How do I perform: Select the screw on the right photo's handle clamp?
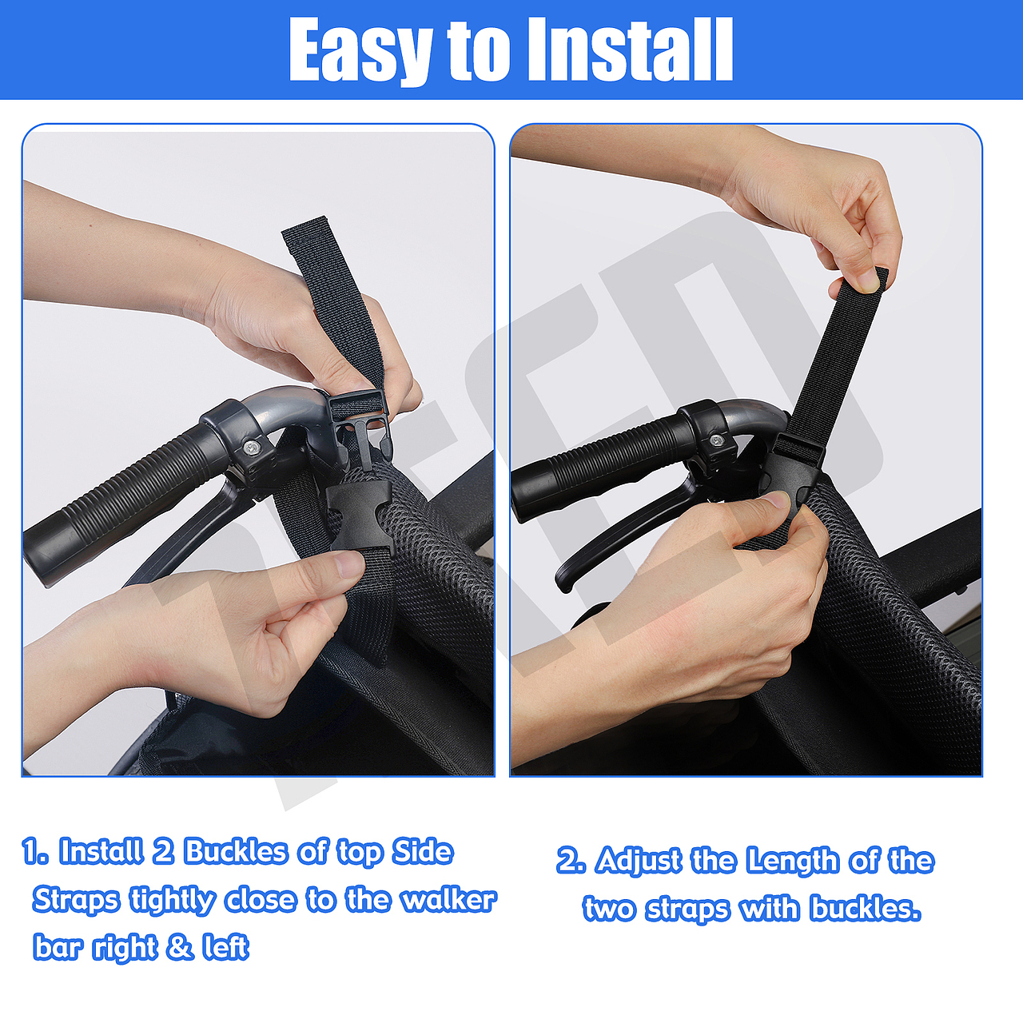(717, 440)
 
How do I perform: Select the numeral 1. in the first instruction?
(36, 852)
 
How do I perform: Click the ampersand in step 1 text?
(180, 946)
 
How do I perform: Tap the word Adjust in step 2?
(639, 861)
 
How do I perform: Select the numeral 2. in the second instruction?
(571, 860)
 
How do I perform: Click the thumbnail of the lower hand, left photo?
(352, 564)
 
